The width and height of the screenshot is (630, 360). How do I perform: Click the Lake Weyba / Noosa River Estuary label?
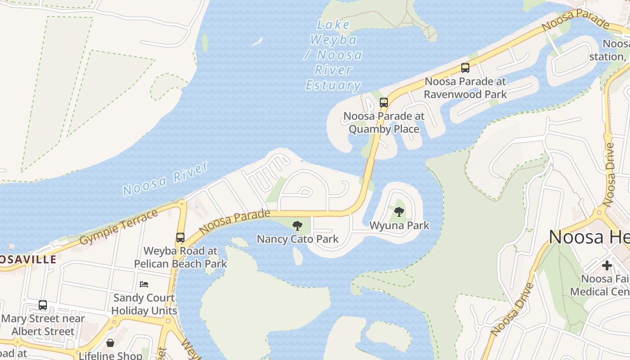[x=333, y=55]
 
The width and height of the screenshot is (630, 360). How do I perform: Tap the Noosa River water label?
[x=166, y=179]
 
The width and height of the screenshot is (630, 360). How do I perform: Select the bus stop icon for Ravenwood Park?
[x=465, y=68]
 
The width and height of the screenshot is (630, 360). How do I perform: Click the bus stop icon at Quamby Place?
[x=383, y=103]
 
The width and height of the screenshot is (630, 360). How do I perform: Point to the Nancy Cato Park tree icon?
[x=297, y=226]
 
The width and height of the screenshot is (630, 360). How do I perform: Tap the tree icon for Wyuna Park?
[x=399, y=211]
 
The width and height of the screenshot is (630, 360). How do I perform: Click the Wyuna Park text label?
[x=399, y=225]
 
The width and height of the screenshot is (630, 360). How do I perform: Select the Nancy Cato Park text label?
[x=297, y=239]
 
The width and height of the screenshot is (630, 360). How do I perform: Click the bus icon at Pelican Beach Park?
[x=180, y=237]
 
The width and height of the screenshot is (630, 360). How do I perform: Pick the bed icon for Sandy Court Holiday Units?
[x=144, y=284]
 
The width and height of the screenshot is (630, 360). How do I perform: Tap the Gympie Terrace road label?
[x=119, y=227]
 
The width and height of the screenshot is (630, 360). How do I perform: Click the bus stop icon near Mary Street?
[x=43, y=305]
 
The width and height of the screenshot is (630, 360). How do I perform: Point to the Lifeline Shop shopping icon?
[x=110, y=343]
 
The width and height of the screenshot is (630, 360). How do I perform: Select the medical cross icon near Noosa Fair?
[x=607, y=265]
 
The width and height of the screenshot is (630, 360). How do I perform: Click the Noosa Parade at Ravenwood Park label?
[x=465, y=88]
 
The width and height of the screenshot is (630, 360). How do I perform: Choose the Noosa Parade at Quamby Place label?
[x=384, y=122]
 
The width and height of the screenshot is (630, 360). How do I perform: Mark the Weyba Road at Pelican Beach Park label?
[x=180, y=257]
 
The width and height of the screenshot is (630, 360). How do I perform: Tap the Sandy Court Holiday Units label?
[x=144, y=304]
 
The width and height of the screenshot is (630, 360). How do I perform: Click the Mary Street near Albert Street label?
[x=43, y=325]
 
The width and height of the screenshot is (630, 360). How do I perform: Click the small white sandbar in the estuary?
[x=257, y=42]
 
